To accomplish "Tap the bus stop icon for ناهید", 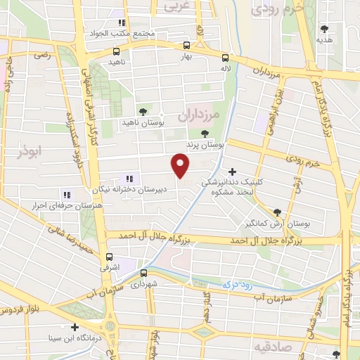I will pos(117,51).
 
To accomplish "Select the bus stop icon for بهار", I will pos(186,42).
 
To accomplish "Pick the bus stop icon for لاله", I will pos(225,58).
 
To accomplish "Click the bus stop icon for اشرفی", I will pos(108,257).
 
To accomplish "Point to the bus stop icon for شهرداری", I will pos(143,273).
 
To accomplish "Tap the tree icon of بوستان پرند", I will pos(205,134).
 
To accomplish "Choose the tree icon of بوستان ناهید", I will pos(143,112).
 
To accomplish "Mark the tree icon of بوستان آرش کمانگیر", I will pos(276,212).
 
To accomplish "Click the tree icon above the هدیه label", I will pos(324,29).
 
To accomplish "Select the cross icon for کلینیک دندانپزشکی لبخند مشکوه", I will pos(233,171).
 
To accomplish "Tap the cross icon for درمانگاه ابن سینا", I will pos(75,327).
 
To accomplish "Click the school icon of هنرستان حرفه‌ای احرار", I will pos(67,195).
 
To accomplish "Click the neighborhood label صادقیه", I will pos(268,347).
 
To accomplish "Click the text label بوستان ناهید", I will pos(143,123).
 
